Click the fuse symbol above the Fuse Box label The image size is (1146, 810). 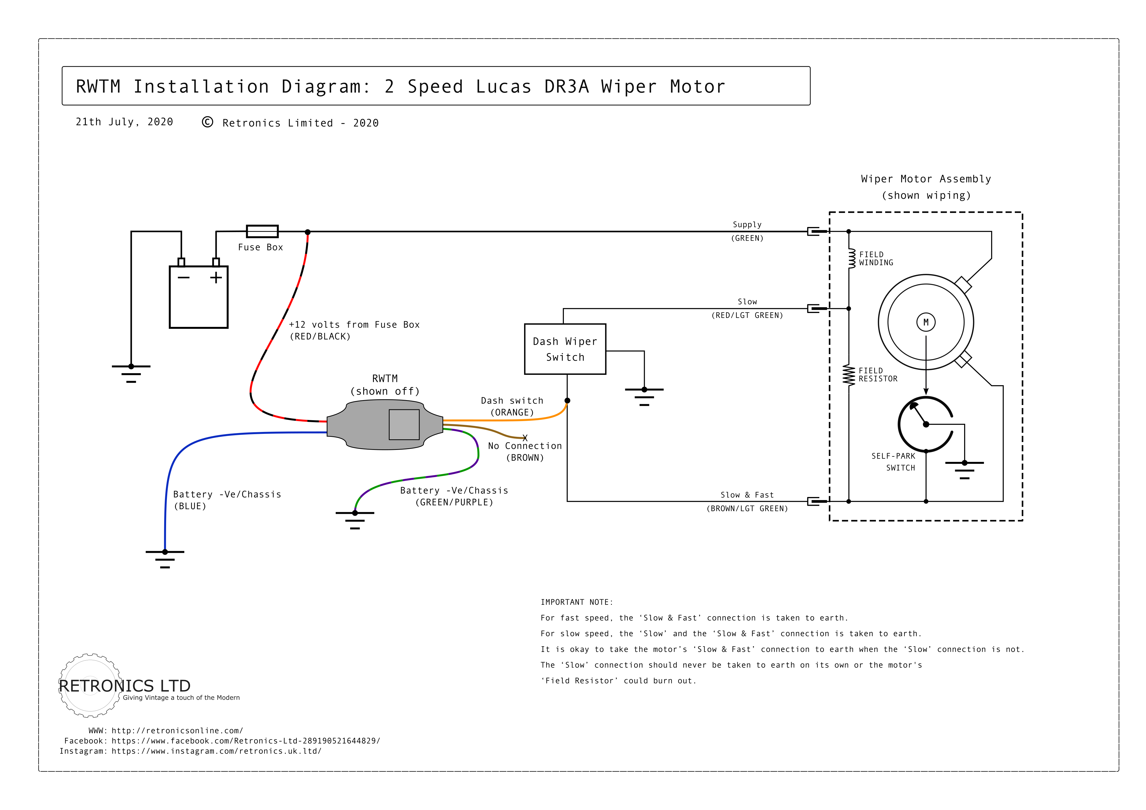coord(262,232)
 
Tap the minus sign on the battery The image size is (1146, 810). coord(184,278)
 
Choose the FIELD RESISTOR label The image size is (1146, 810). coord(878,375)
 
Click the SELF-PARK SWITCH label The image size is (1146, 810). coord(893,462)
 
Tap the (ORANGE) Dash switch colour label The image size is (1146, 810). coord(512,412)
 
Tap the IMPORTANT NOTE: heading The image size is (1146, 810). coord(576,602)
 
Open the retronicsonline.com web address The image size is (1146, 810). coord(177,731)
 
